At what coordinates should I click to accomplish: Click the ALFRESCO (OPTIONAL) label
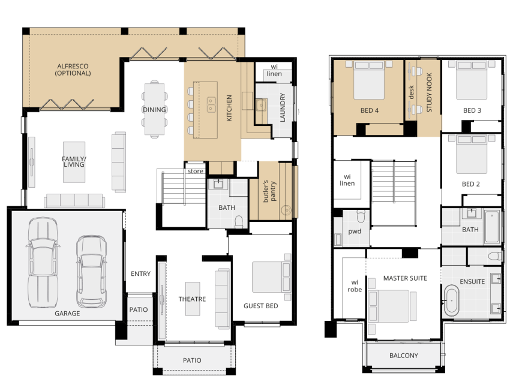pyautogui.click(x=73, y=70)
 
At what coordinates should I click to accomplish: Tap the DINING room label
pyautogui.click(x=154, y=110)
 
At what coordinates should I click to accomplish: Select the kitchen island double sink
pyautogui.click(x=212, y=105)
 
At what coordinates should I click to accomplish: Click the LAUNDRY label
pyautogui.click(x=283, y=107)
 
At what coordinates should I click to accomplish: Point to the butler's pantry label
pyautogui.click(x=269, y=191)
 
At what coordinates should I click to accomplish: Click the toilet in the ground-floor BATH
pyautogui.click(x=239, y=221)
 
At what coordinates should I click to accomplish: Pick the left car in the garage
pyautogui.click(x=43, y=263)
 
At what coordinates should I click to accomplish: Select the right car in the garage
pyautogui.click(x=91, y=272)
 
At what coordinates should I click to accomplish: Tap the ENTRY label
pyautogui.click(x=140, y=273)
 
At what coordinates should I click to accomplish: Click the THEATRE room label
pyautogui.click(x=192, y=299)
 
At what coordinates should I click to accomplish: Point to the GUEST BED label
pyautogui.click(x=261, y=306)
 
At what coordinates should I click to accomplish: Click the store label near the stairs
pyautogui.click(x=196, y=171)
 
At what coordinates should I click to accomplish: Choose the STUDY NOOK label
pyautogui.click(x=429, y=92)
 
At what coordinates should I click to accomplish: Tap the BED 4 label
pyautogui.click(x=370, y=110)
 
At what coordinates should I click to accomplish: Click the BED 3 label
pyautogui.click(x=472, y=110)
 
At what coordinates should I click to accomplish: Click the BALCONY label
pyautogui.click(x=404, y=356)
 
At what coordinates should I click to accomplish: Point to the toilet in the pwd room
pyautogui.click(x=361, y=216)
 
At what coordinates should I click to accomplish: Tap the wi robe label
pyautogui.click(x=355, y=285)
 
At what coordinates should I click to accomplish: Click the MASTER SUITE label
pyautogui.click(x=405, y=278)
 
